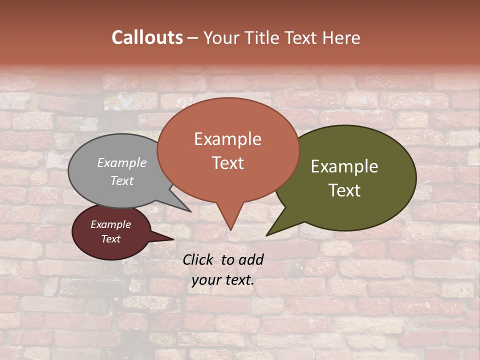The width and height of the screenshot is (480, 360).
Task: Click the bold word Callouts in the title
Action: point(147,37)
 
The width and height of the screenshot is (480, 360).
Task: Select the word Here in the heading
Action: point(340,37)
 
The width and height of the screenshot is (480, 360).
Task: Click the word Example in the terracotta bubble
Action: point(227,139)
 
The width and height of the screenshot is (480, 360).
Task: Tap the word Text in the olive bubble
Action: point(344,190)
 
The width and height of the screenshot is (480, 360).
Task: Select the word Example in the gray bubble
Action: point(122,162)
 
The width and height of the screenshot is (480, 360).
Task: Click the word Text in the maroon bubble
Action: point(111,239)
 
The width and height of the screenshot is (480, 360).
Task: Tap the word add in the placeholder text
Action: point(250,259)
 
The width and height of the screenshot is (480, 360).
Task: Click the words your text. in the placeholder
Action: point(223,280)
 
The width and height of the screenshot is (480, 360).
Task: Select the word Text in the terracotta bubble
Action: point(227,163)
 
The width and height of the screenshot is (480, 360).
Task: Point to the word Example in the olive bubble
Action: point(344,166)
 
